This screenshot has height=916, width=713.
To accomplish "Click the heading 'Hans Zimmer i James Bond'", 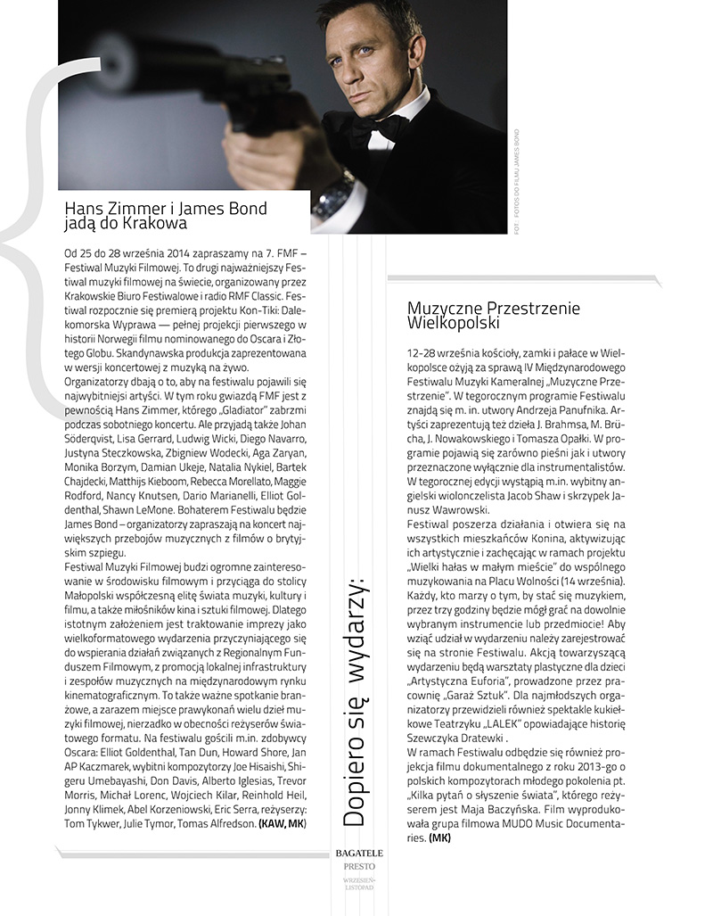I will [166, 208].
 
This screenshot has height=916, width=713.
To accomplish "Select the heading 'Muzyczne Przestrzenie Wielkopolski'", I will [493, 315].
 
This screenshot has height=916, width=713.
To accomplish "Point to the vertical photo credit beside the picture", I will [517, 183].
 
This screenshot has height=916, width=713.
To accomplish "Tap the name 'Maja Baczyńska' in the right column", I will [495, 796].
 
